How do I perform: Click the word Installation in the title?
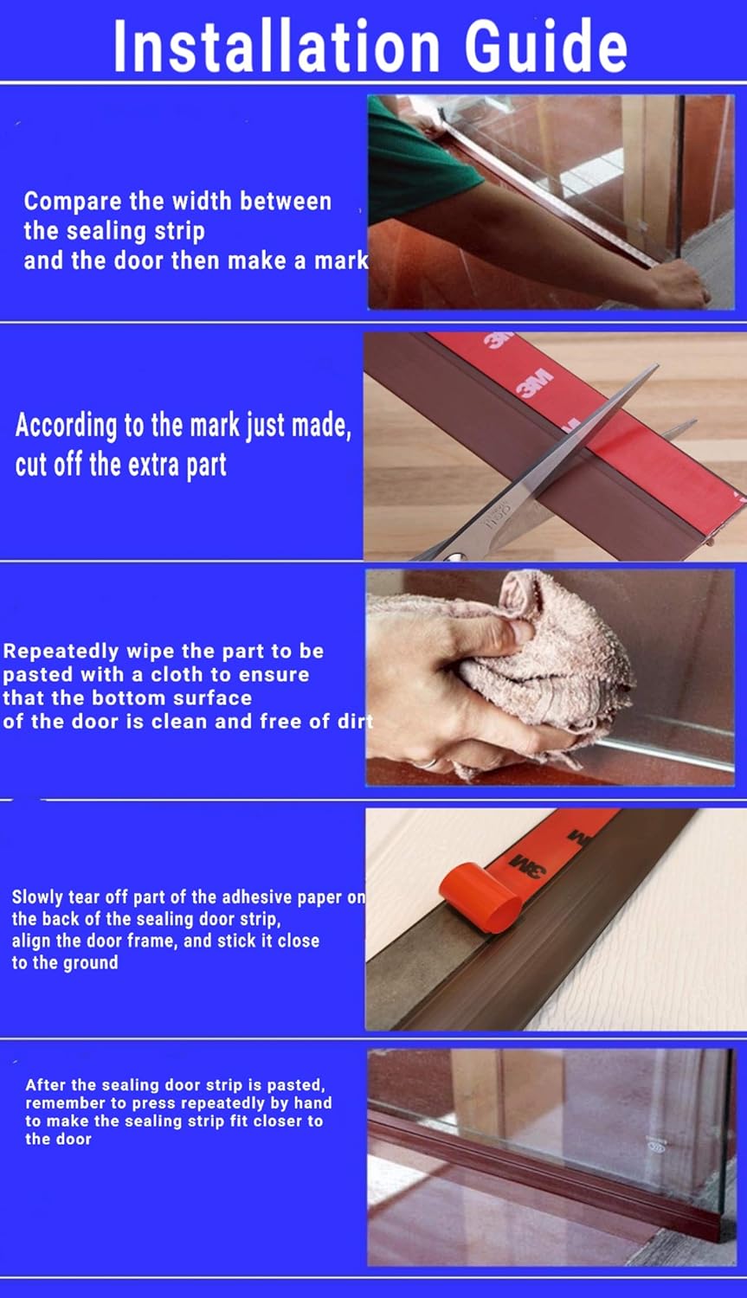pyautogui.click(x=276, y=46)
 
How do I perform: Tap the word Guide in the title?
pyautogui.click(x=546, y=46)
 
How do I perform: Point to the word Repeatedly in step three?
pyautogui.click(x=61, y=652)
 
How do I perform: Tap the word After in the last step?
pyautogui.click(x=45, y=1085)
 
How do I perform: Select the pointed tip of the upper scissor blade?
pyautogui.click(x=657, y=365)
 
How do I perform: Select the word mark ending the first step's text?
pyautogui.click(x=341, y=261)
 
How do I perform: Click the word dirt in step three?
pyautogui.click(x=356, y=722)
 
